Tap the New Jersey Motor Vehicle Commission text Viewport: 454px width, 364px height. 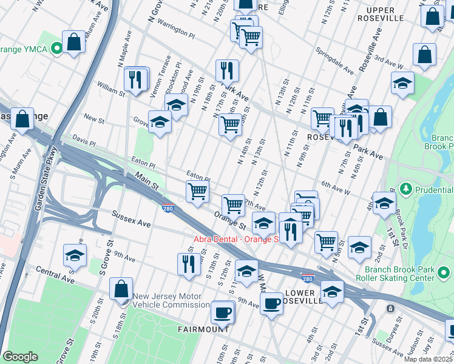click(171, 301)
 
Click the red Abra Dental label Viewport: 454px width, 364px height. click(235, 239)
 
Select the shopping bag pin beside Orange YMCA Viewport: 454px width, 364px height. click(73, 42)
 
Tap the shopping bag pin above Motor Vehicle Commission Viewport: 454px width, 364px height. click(121, 289)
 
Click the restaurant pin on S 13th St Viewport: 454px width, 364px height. click(189, 265)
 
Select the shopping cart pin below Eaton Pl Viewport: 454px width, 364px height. click(198, 192)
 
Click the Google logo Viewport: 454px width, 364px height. click(20, 357)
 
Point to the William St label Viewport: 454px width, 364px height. click(110, 94)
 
